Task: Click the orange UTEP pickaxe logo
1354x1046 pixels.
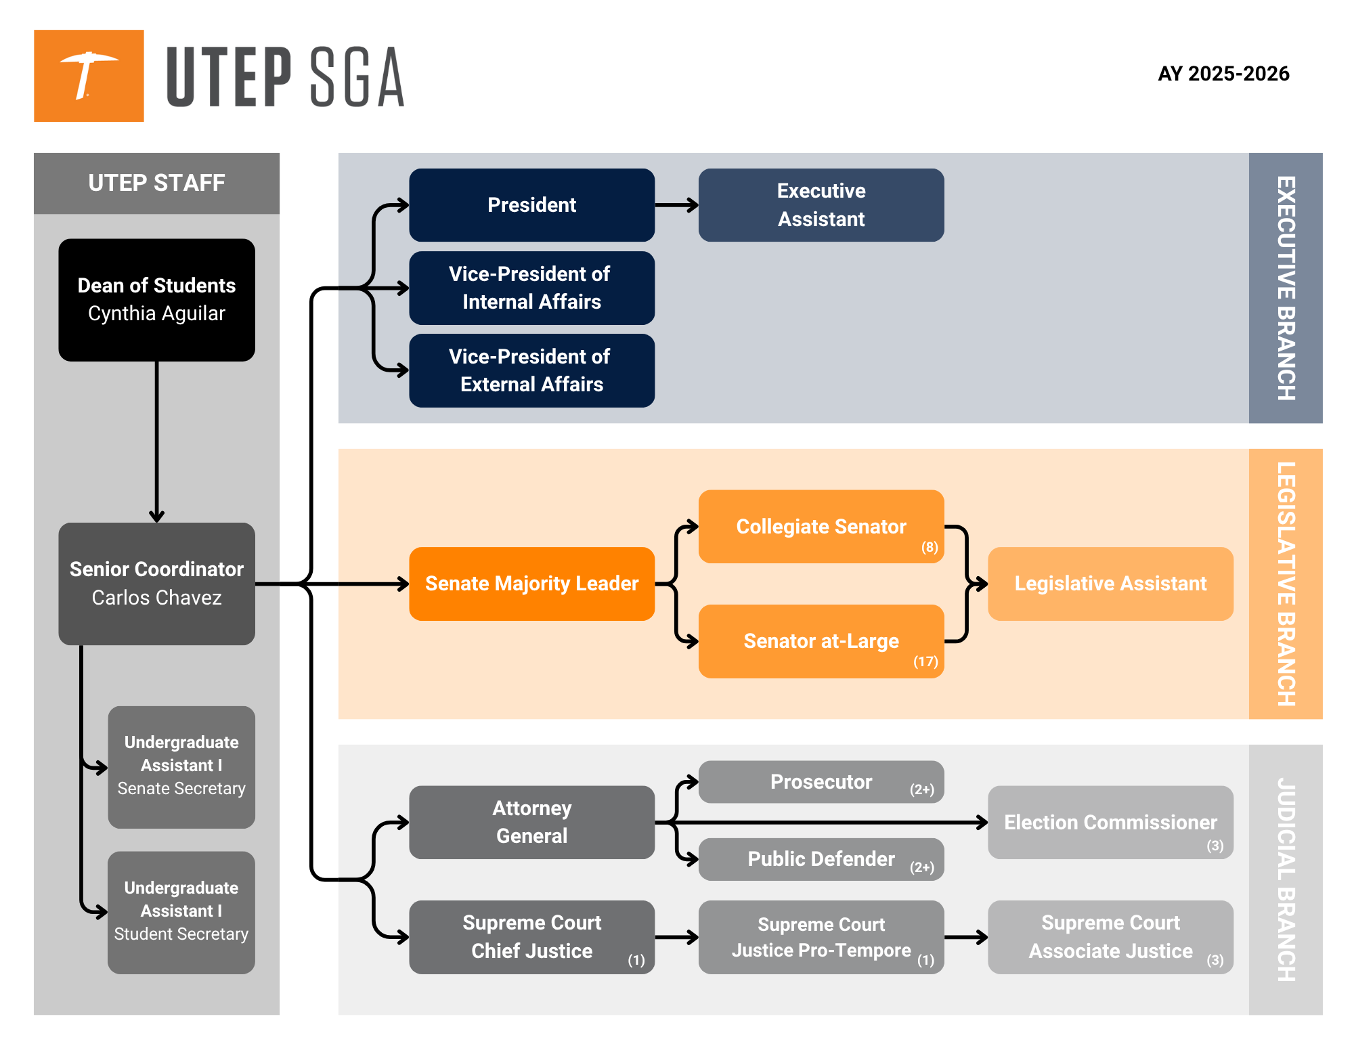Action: tap(89, 76)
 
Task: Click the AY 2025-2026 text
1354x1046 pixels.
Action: tap(1223, 73)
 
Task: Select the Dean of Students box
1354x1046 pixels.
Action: tap(156, 299)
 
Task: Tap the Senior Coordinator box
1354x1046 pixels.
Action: tap(156, 583)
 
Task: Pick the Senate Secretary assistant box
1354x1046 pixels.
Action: tap(181, 767)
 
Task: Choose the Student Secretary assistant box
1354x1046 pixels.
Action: tap(181, 912)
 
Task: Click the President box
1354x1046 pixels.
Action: tap(531, 204)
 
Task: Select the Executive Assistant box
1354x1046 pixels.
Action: tap(821, 204)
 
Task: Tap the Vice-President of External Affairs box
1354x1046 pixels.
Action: tap(531, 370)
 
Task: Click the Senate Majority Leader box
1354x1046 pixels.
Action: tap(531, 584)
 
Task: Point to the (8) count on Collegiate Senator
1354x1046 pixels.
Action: tap(930, 547)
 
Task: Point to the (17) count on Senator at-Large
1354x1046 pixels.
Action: tap(925, 661)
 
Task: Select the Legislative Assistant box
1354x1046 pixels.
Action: tap(1110, 584)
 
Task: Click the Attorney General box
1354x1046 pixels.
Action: tap(531, 822)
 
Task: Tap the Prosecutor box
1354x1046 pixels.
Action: tap(821, 782)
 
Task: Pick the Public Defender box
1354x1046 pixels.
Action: tap(821, 859)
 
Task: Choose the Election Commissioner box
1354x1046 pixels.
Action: tap(1110, 822)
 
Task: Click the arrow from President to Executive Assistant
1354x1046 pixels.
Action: tap(676, 204)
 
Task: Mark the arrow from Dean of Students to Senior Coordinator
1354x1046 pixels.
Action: tap(156, 441)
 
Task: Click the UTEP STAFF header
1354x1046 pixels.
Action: tap(156, 183)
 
